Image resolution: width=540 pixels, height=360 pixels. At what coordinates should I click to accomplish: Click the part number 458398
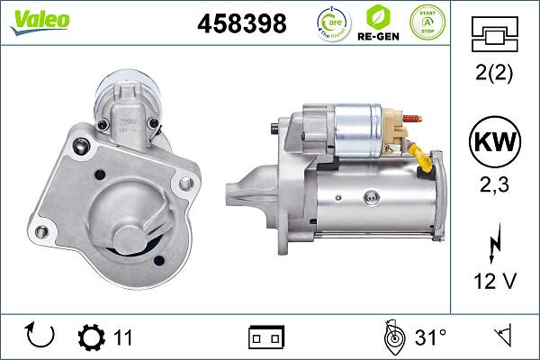click(241, 24)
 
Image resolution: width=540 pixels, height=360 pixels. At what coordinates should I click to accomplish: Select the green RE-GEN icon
click(380, 23)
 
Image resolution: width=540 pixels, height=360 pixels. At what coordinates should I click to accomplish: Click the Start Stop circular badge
click(427, 22)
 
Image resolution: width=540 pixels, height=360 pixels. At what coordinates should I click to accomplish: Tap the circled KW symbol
click(494, 143)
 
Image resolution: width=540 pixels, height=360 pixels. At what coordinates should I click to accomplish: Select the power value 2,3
click(494, 184)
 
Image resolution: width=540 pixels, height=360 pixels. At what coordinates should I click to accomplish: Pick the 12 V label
click(494, 282)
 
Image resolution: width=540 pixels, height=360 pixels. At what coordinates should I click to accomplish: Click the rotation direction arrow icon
click(41, 337)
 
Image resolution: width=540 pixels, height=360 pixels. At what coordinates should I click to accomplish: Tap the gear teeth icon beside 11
click(92, 337)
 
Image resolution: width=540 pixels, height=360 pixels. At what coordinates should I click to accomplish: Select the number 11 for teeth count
click(123, 337)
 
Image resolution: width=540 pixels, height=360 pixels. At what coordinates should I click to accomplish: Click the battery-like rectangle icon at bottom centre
click(265, 337)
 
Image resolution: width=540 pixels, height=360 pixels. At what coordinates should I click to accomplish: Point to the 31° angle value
click(431, 337)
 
